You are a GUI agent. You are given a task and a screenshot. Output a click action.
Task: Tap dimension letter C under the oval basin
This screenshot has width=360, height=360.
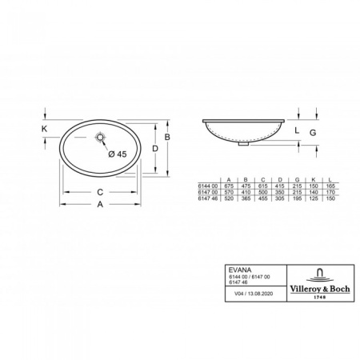[x=98, y=191]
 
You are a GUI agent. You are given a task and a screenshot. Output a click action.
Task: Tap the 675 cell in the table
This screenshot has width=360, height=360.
[x=230, y=186]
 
